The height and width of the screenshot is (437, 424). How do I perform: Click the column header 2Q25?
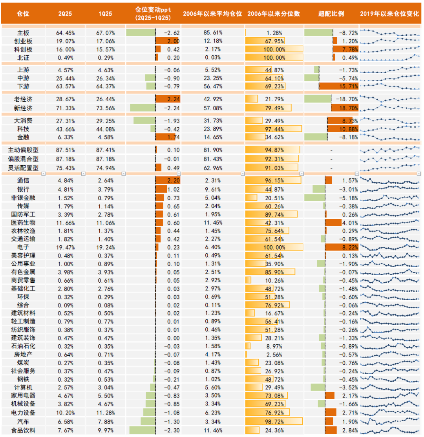[x=65, y=13]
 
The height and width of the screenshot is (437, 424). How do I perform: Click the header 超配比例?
[x=331, y=13]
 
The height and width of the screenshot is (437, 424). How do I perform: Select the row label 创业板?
[x=23, y=41]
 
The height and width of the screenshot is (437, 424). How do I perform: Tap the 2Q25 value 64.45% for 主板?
[x=65, y=33]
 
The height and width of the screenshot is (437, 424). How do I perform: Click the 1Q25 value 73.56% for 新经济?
[x=104, y=108]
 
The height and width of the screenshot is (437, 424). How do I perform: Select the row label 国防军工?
[x=23, y=214]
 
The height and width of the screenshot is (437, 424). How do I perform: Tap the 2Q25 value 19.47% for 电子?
[x=65, y=247]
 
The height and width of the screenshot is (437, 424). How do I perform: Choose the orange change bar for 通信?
[x=168, y=181]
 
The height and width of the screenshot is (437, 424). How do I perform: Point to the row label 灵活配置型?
[x=23, y=167]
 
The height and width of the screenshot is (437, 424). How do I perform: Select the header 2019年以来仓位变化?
[x=390, y=13]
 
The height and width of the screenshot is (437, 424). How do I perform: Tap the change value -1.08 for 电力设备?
[x=171, y=413]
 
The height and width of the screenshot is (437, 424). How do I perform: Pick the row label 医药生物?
[x=23, y=222]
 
